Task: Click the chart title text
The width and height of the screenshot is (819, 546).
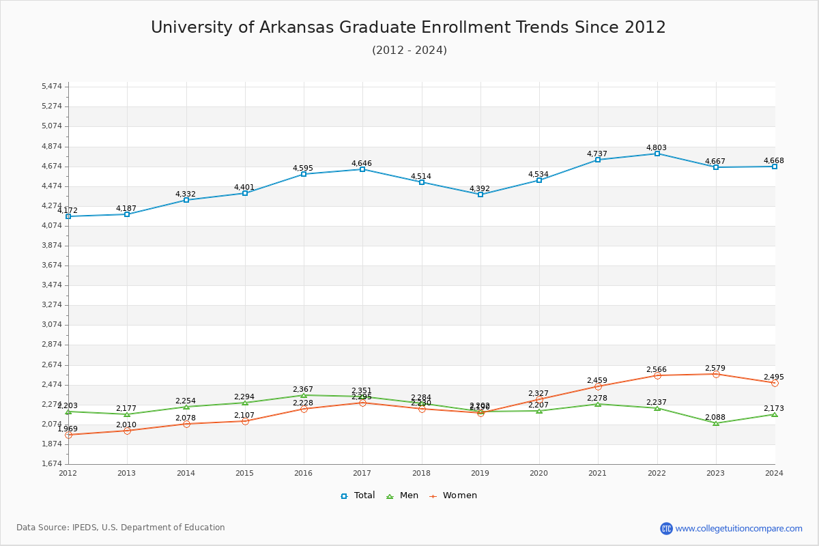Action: pos(408,27)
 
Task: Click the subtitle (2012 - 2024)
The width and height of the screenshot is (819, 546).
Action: pos(409,51)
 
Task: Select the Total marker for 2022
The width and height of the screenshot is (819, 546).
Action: pos(657,154)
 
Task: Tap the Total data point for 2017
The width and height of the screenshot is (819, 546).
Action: pos(362,169)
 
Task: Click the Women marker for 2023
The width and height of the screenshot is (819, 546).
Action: pos(716,374)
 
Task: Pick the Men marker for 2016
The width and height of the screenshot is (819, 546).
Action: pos(304,395)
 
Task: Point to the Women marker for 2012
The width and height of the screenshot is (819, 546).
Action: pos(68,435)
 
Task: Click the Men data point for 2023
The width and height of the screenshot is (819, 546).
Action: pos(716,423)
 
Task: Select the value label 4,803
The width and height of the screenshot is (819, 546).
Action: pos(657,147)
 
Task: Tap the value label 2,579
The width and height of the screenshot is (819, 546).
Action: pos(715,368)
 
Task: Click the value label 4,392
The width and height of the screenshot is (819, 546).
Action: pos(480,188)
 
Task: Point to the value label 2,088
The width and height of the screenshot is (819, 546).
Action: pos(715,417)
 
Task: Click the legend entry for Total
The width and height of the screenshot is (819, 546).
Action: pos(358,495)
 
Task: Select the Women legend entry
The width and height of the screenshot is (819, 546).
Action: pos(453,495)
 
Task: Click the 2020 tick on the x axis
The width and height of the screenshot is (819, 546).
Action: pos(539,473)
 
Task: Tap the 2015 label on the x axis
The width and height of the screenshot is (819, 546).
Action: pos(244,473)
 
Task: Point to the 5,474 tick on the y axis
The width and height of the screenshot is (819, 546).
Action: pos(52,87)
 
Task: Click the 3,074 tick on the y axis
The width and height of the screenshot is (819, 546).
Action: pos(52,325)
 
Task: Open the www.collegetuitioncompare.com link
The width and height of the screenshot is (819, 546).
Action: pos(738,528)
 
